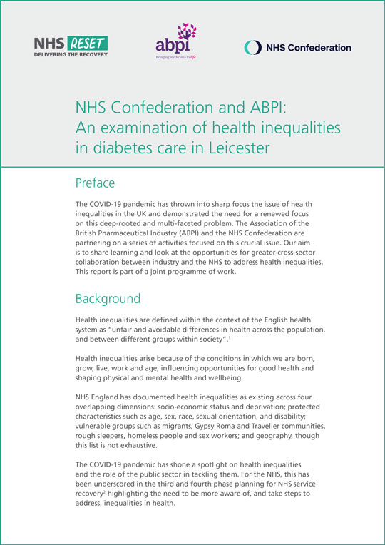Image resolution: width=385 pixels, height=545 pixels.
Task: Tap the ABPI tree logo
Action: (175, 44)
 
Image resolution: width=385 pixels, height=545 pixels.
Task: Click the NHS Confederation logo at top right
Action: (297, 48)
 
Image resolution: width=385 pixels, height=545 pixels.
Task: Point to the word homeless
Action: (150, 437)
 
